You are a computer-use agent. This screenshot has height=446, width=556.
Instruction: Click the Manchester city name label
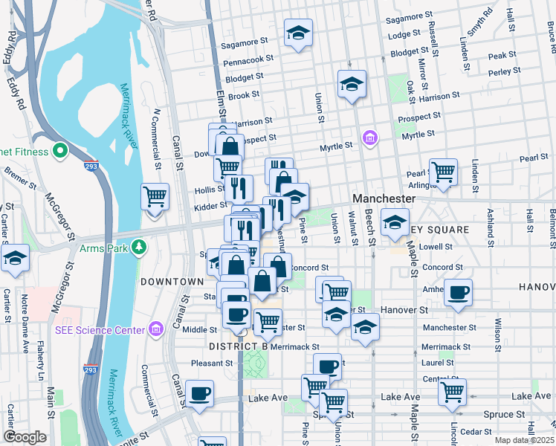click(x=383, y=199)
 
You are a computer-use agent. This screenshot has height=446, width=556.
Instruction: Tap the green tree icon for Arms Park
click(x=138, y=246)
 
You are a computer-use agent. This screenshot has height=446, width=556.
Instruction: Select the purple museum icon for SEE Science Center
click(x=155, y=329)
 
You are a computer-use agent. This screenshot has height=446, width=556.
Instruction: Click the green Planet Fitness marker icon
click(x=59, y=152)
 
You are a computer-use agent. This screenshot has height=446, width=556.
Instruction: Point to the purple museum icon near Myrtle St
click(x=369, y=138)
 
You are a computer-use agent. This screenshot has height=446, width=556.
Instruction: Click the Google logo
click(x=25, y=437)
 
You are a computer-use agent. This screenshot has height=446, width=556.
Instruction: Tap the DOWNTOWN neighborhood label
click(x=172, y=282)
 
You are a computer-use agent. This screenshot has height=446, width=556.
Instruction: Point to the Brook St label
click(x=244, y=95)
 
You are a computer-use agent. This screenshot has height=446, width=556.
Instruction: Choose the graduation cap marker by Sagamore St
click(x=298, y=33)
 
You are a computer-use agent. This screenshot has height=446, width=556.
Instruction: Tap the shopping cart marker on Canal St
click(x=155, y=198)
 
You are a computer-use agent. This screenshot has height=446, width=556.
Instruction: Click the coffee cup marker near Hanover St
click(x=458, y=291)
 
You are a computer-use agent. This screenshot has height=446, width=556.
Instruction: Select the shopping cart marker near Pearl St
click(x=443, y=171)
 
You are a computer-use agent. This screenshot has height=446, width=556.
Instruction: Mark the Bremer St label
click(x=16, y=175)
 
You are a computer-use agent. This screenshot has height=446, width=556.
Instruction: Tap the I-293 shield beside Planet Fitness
click(x=90, y=160)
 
